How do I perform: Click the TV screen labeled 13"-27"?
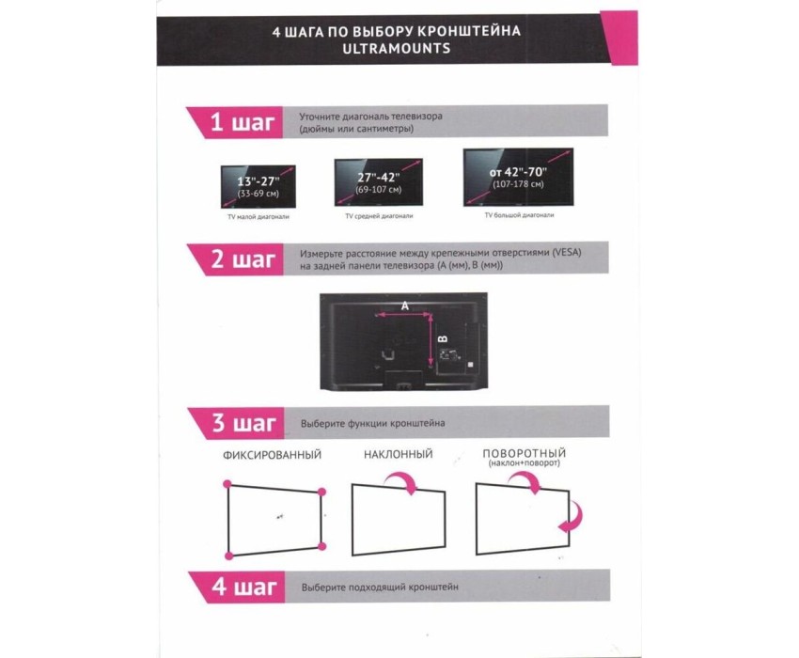pos(258,186)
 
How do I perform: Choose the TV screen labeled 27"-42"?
pos(379,182)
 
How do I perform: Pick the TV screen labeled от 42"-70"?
pos(518,177)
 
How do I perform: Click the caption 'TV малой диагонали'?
pos(258,217)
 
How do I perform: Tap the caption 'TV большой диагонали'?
pos(519,215)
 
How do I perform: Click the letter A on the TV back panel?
pos(404,305)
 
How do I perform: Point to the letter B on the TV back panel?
pos(444,339)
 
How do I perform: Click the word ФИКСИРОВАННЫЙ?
pos(272,455)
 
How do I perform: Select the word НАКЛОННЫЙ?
pos(398,454)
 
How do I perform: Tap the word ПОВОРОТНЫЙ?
pos(524,453)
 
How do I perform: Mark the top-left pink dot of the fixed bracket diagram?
pos(227,484)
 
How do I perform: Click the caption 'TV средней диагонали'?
pos(379,216)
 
